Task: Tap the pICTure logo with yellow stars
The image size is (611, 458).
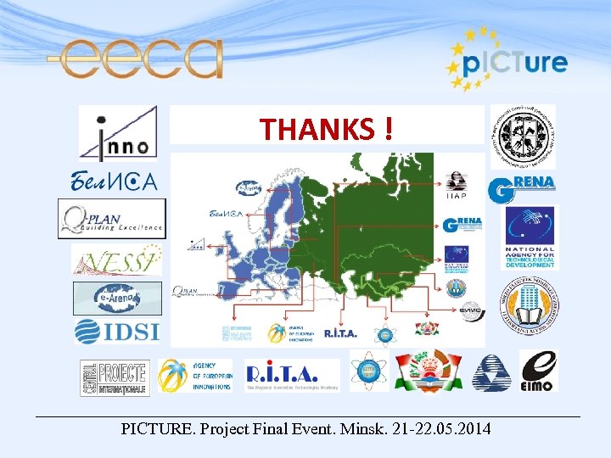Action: pyautogui.click(x=507, y=61)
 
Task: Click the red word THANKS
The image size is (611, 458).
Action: pyautogui.click(x=317, y=129)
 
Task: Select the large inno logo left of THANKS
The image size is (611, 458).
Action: pyautogui.click(x=118, y=133)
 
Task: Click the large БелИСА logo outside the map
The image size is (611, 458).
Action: pyautogui.click(x=114, y=180)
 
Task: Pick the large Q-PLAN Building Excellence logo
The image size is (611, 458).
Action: pyautogui.click(x=112, y=219)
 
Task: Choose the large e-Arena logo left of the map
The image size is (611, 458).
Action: pyautogui.click(x=117, y=298)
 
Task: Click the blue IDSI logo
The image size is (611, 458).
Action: pyautogui.click(x=116, y=331)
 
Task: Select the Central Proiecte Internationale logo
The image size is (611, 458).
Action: pyautogui.click(x=115, y=377)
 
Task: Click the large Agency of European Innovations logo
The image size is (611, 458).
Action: pyautogui.click(x=196, y=375)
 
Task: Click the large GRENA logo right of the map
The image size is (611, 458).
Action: pyautogui.click(x=522, y=189)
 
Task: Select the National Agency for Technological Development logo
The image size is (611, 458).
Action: pyautogui.click(x=530, y=238)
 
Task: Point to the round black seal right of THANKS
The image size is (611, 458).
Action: pyautogui.click(x=523, y=137)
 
